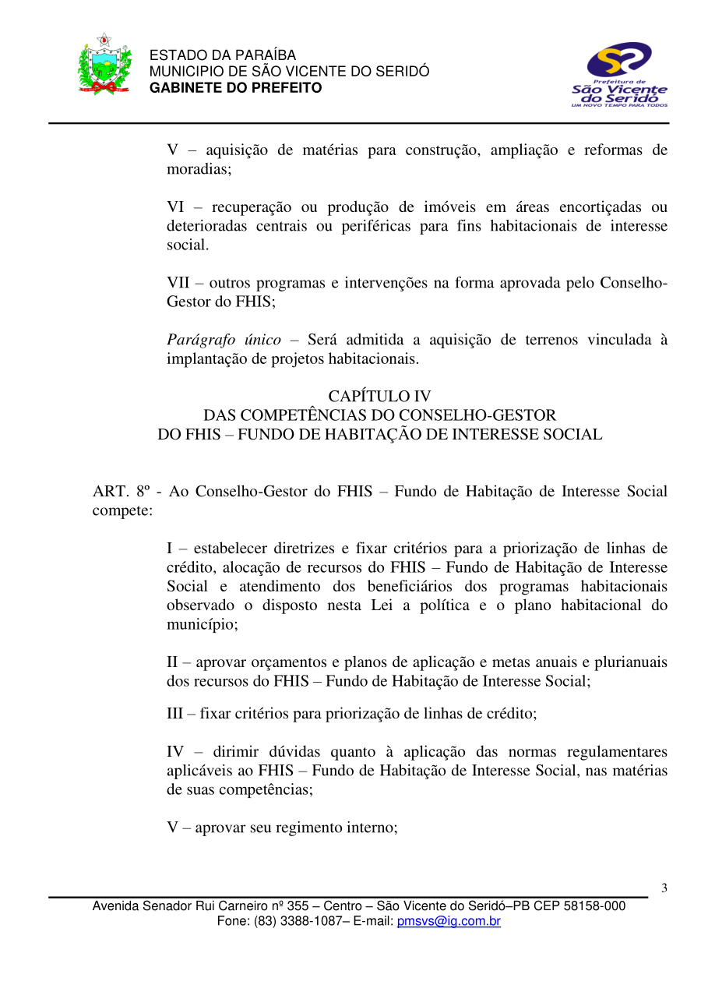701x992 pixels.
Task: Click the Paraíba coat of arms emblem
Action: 104,65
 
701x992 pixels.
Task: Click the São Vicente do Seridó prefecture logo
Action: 619,75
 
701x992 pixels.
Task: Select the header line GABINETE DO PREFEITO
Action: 235,88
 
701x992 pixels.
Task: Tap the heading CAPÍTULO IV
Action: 379,397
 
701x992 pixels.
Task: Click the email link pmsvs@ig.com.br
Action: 449,921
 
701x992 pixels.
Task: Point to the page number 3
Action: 664,888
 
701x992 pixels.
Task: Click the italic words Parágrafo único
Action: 224,340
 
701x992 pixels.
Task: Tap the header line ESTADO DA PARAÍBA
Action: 222,55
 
